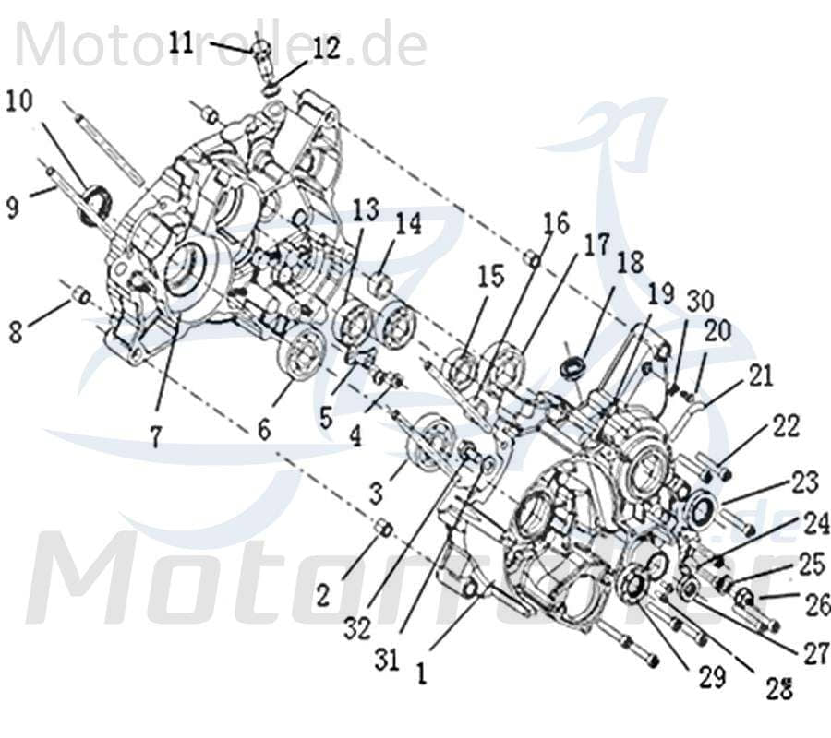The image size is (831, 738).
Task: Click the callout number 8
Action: (15, 331)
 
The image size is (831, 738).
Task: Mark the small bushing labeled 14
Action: (380, 281)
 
